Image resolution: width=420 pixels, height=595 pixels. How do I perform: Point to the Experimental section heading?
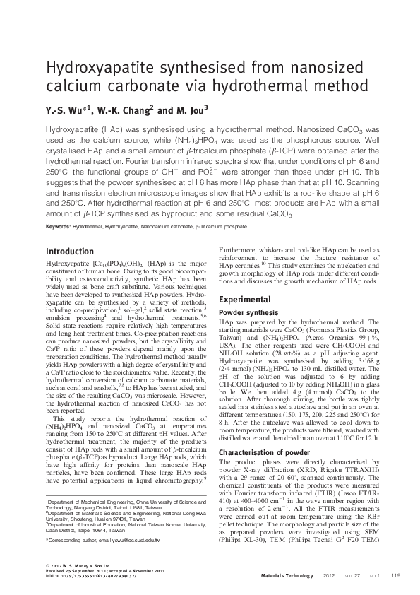[x=244, y=299]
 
